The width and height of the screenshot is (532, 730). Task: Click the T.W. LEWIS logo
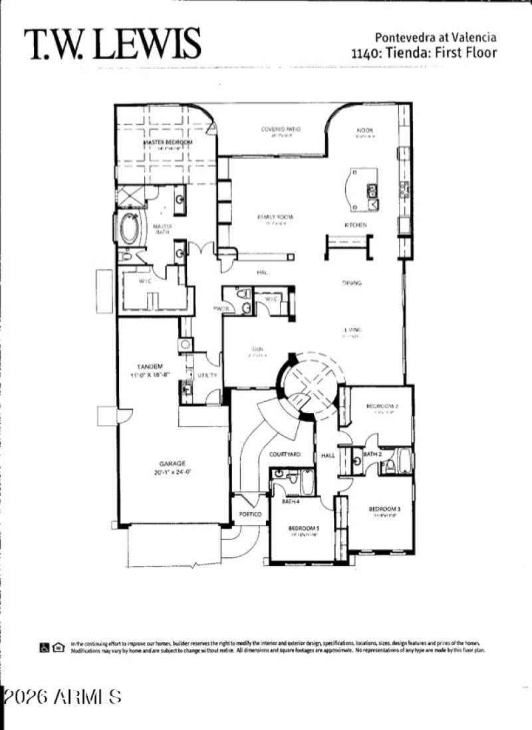pos(112,45)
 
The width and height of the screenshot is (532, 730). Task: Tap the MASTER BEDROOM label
pos(168,142)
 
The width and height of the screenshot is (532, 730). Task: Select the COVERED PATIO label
pos(281,129)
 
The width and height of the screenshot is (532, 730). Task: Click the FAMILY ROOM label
pos(275,217)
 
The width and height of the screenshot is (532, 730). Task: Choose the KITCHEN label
pos(356,225)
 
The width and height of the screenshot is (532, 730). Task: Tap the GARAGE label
pos(172,464)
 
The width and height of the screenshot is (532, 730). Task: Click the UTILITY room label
pos(207,376)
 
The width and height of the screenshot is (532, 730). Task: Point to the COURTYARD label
pos(285,454)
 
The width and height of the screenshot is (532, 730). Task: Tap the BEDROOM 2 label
pos(382,406)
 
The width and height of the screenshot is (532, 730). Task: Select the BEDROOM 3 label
pos(384,509)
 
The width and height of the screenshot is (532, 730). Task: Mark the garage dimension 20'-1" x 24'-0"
pos(172,472)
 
